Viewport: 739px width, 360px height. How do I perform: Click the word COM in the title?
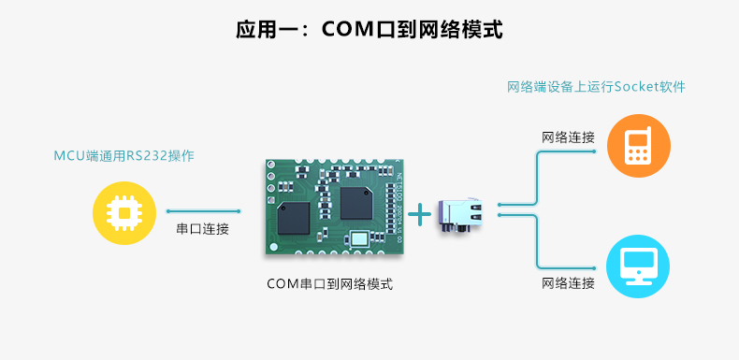pyautogui.click(x=346, y=30)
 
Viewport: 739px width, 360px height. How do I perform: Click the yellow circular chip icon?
pyautogui.click(x=123, y=213)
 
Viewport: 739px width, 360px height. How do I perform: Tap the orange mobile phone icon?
pyautogui.click(x=638, y=145)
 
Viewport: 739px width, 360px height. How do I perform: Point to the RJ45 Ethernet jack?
pyautogui.click(x=465, y=215)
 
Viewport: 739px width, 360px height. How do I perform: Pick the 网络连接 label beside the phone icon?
pyautogui.click(x=568, y=137)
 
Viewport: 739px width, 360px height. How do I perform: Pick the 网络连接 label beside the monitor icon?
pyautogui.click(x=568, y=282)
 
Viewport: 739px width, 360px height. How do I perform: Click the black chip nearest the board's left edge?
pyautogui.click(x=294, y=216)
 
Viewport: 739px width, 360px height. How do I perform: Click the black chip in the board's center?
pyautogui.click(x=355, y=203)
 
